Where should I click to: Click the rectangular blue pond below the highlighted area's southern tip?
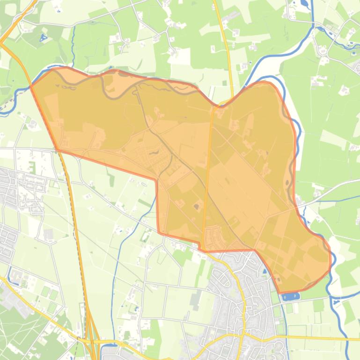point(291,296)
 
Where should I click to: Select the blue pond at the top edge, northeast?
point(305,4)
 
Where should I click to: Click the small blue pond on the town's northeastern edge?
point(265,271)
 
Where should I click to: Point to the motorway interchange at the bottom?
point(92,344)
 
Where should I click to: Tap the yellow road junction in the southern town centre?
point(241,335)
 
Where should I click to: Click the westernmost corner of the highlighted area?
point(31,86)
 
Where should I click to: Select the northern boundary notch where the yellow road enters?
point(218,105)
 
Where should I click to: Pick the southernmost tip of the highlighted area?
point(281,292)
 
